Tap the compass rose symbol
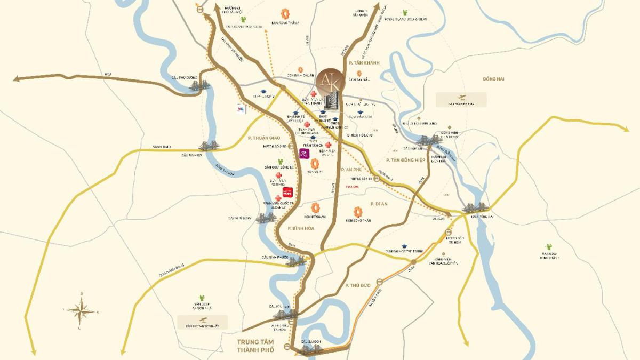[81, 309]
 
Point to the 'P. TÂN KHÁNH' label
[363, 63]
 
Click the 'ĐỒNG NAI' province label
[493, 79]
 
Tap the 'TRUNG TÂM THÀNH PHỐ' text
[255, 345]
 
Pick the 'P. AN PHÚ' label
[352, 169]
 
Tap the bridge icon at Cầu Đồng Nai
[473, 208]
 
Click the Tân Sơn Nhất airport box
[202, 322]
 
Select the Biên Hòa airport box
[461, 100]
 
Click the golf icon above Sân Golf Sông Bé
[281, 161]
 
